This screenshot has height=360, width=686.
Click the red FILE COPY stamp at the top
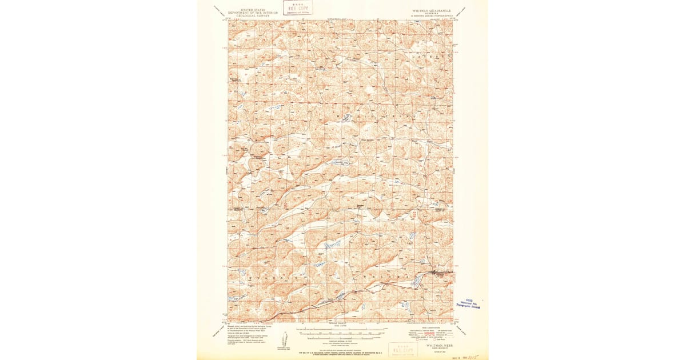coord(298,7)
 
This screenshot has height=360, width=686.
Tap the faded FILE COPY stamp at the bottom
coord(402,349)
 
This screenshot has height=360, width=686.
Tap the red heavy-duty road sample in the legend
coord(417,332)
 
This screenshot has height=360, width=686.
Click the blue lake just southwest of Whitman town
coord(417,281)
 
